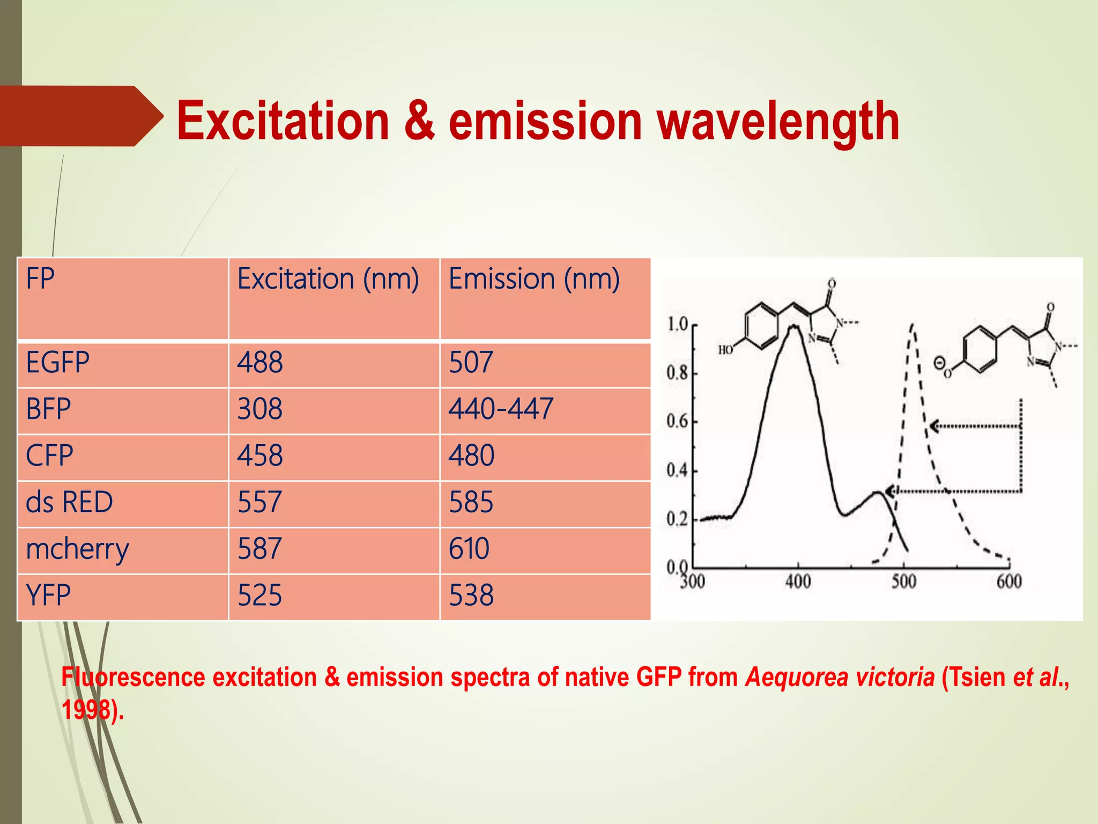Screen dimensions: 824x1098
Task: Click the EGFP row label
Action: tap(58, 363)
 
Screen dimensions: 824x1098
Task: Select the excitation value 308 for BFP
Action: tap(260, 409)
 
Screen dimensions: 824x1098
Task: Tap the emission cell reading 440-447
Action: tap(501, 409)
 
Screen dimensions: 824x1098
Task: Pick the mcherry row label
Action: tap(78, 549)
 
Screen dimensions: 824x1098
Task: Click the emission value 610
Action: tap(469, 549)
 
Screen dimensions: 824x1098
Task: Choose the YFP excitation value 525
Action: tap(260, 596)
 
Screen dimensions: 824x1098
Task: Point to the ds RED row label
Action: tap(70, 503)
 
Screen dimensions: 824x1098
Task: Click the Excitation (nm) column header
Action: tap(328, 279)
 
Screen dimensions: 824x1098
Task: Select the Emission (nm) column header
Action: tap(534, 279)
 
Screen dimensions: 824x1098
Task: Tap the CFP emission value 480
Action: tap(472, 456)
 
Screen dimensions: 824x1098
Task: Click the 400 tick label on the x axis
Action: tap(798, 582)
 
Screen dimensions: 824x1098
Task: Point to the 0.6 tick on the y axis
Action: tap(677, 422)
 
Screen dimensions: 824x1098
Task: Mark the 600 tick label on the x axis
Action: tap(1009, 582)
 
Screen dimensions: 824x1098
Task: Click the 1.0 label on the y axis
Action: tap(677, 324)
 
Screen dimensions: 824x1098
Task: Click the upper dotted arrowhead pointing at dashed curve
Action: tap(936, 426)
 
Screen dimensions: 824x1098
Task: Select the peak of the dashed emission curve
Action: tap(912, 324)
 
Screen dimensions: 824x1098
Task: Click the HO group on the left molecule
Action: tap(725, 350)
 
